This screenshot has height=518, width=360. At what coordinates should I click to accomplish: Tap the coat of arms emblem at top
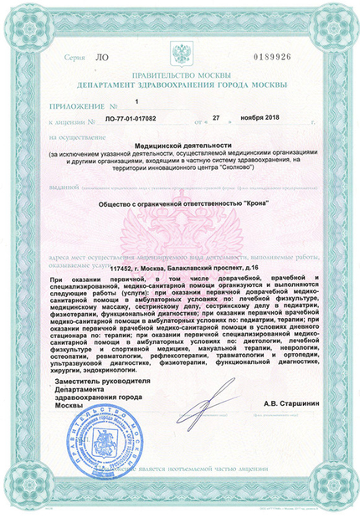pos(180,58)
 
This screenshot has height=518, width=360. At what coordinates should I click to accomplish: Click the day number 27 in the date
pos(217,121)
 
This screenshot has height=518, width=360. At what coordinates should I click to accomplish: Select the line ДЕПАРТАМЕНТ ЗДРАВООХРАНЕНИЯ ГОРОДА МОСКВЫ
pos(179,85)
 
